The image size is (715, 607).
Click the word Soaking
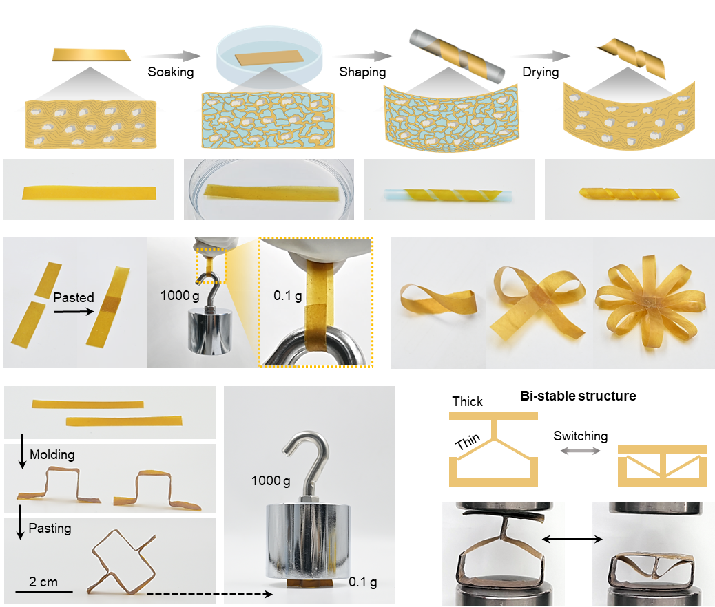tap(171, 72)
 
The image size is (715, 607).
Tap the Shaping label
tap(362, 72)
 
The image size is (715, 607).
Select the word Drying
tap(540, 72)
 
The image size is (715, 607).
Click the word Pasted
tap(74, 297)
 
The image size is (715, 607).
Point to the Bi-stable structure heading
tap(578, 396)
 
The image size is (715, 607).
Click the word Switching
tap(581, 436)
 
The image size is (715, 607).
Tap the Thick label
tap(468, 401)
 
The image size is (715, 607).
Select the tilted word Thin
tap(468, 441)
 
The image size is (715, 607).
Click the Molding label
tap(52, 455)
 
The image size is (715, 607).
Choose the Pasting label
tap(50, 528)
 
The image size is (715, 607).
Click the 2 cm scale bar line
tap(44, 592)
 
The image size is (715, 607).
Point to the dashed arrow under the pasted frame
tap(209, 594)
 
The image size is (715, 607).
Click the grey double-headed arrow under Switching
tap(580, 451)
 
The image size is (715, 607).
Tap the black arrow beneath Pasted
tap(74, 312)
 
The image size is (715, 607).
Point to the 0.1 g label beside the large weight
tap(363, 582)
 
